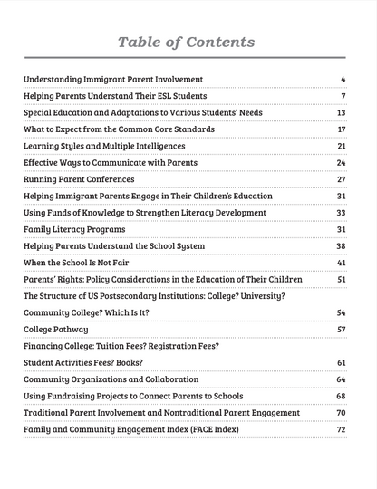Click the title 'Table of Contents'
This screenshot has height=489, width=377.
click(188, 43)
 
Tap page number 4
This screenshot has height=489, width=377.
click(343, 80)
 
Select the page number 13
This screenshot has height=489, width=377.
click(342, 113)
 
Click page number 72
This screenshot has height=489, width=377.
click(342, 429)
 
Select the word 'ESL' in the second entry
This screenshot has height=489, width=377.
click(153, 96)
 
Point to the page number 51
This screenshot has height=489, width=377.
click(342, 280)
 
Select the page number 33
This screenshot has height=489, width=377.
click(342, 213)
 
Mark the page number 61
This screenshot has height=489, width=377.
click(342, 362)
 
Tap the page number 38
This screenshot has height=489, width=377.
click(342, 246)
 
